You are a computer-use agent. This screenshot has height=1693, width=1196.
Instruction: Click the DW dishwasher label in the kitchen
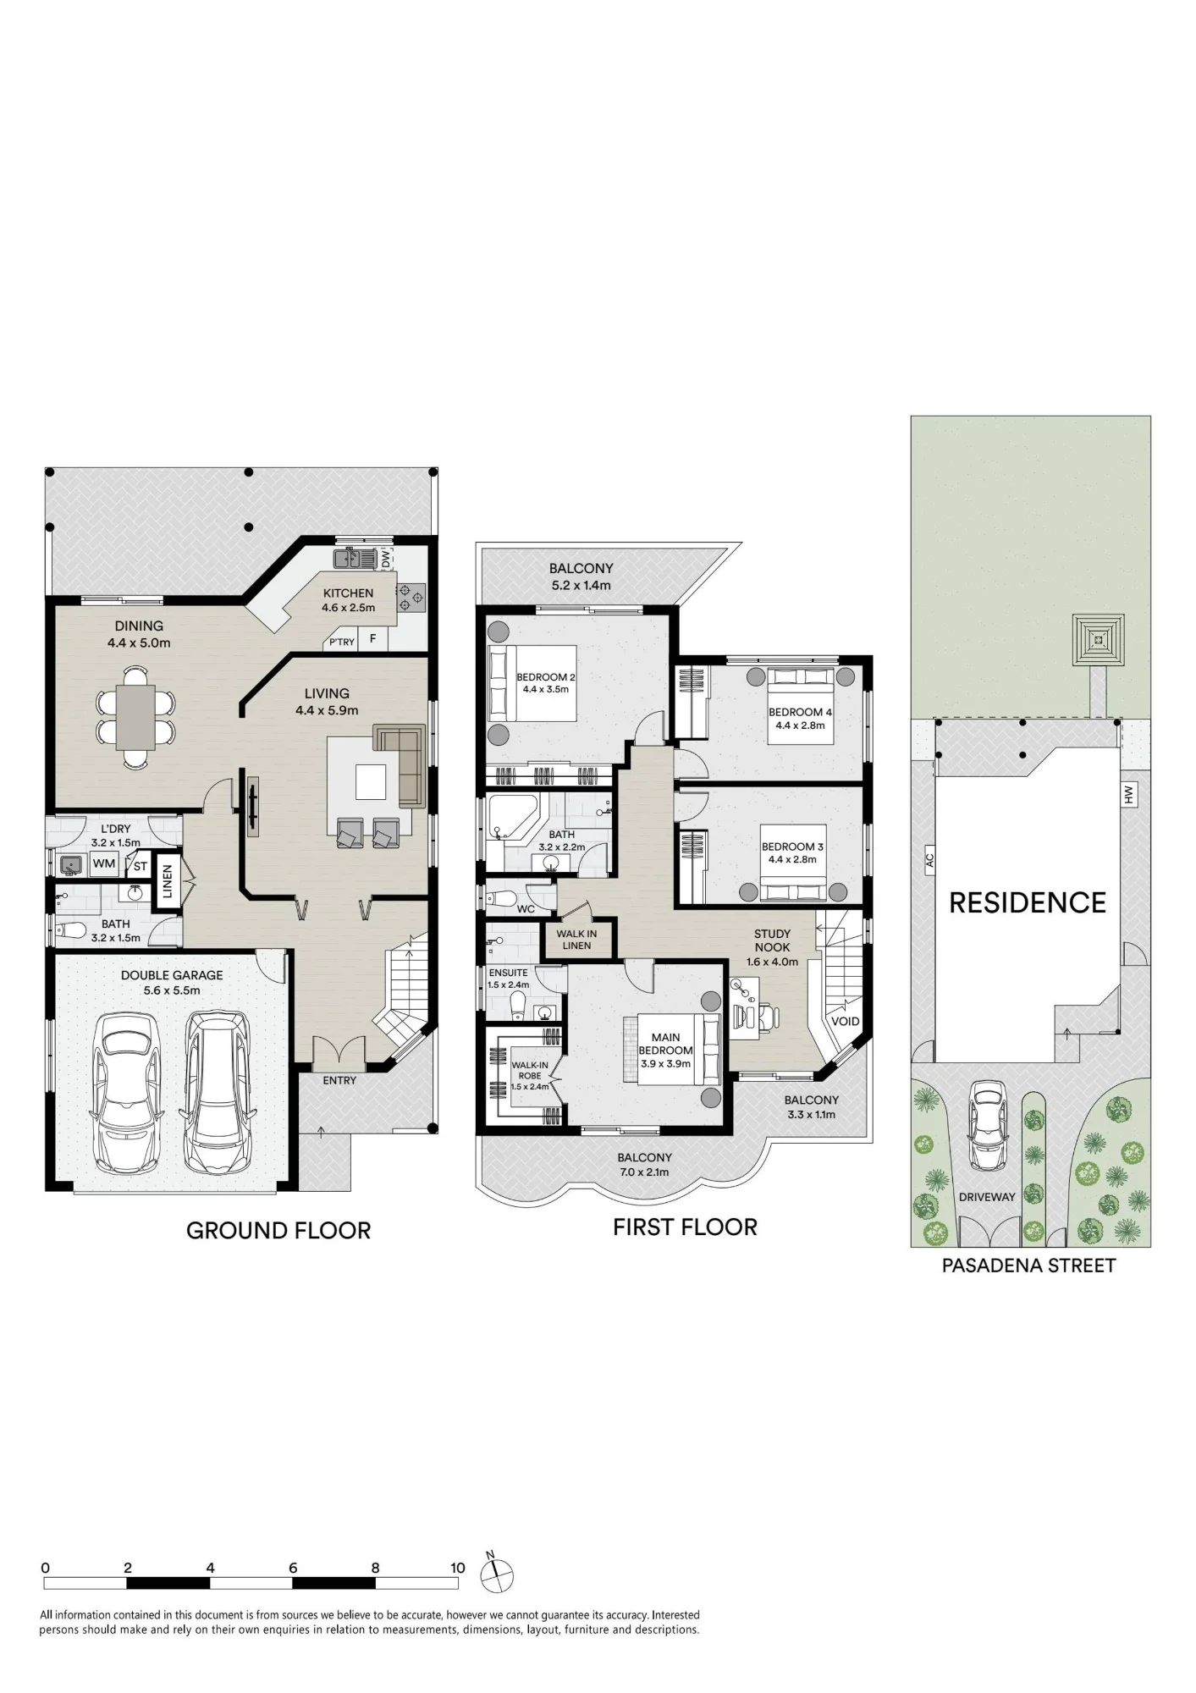point(386,560)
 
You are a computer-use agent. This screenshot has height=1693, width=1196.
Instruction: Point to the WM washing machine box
point(104,863)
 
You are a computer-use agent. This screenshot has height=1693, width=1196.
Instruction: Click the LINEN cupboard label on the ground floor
point(167,880)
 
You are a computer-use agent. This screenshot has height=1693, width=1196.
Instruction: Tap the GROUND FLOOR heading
point(278,1230)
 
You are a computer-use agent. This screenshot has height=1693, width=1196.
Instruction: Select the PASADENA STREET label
point(1028,1266)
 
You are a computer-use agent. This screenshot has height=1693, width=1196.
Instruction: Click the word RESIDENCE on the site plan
point(1028,902)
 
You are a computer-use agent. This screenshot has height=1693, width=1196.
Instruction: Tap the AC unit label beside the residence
point(929,860)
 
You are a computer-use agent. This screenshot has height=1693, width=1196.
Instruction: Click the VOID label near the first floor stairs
point(845,1021)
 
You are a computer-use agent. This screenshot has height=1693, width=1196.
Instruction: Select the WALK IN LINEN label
point(576,940)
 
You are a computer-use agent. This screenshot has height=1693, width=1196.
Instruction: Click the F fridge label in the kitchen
point(372,639)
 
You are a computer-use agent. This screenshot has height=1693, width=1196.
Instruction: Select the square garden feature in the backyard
point(1098,640)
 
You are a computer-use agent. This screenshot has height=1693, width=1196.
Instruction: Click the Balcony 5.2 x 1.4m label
point(581,576)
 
